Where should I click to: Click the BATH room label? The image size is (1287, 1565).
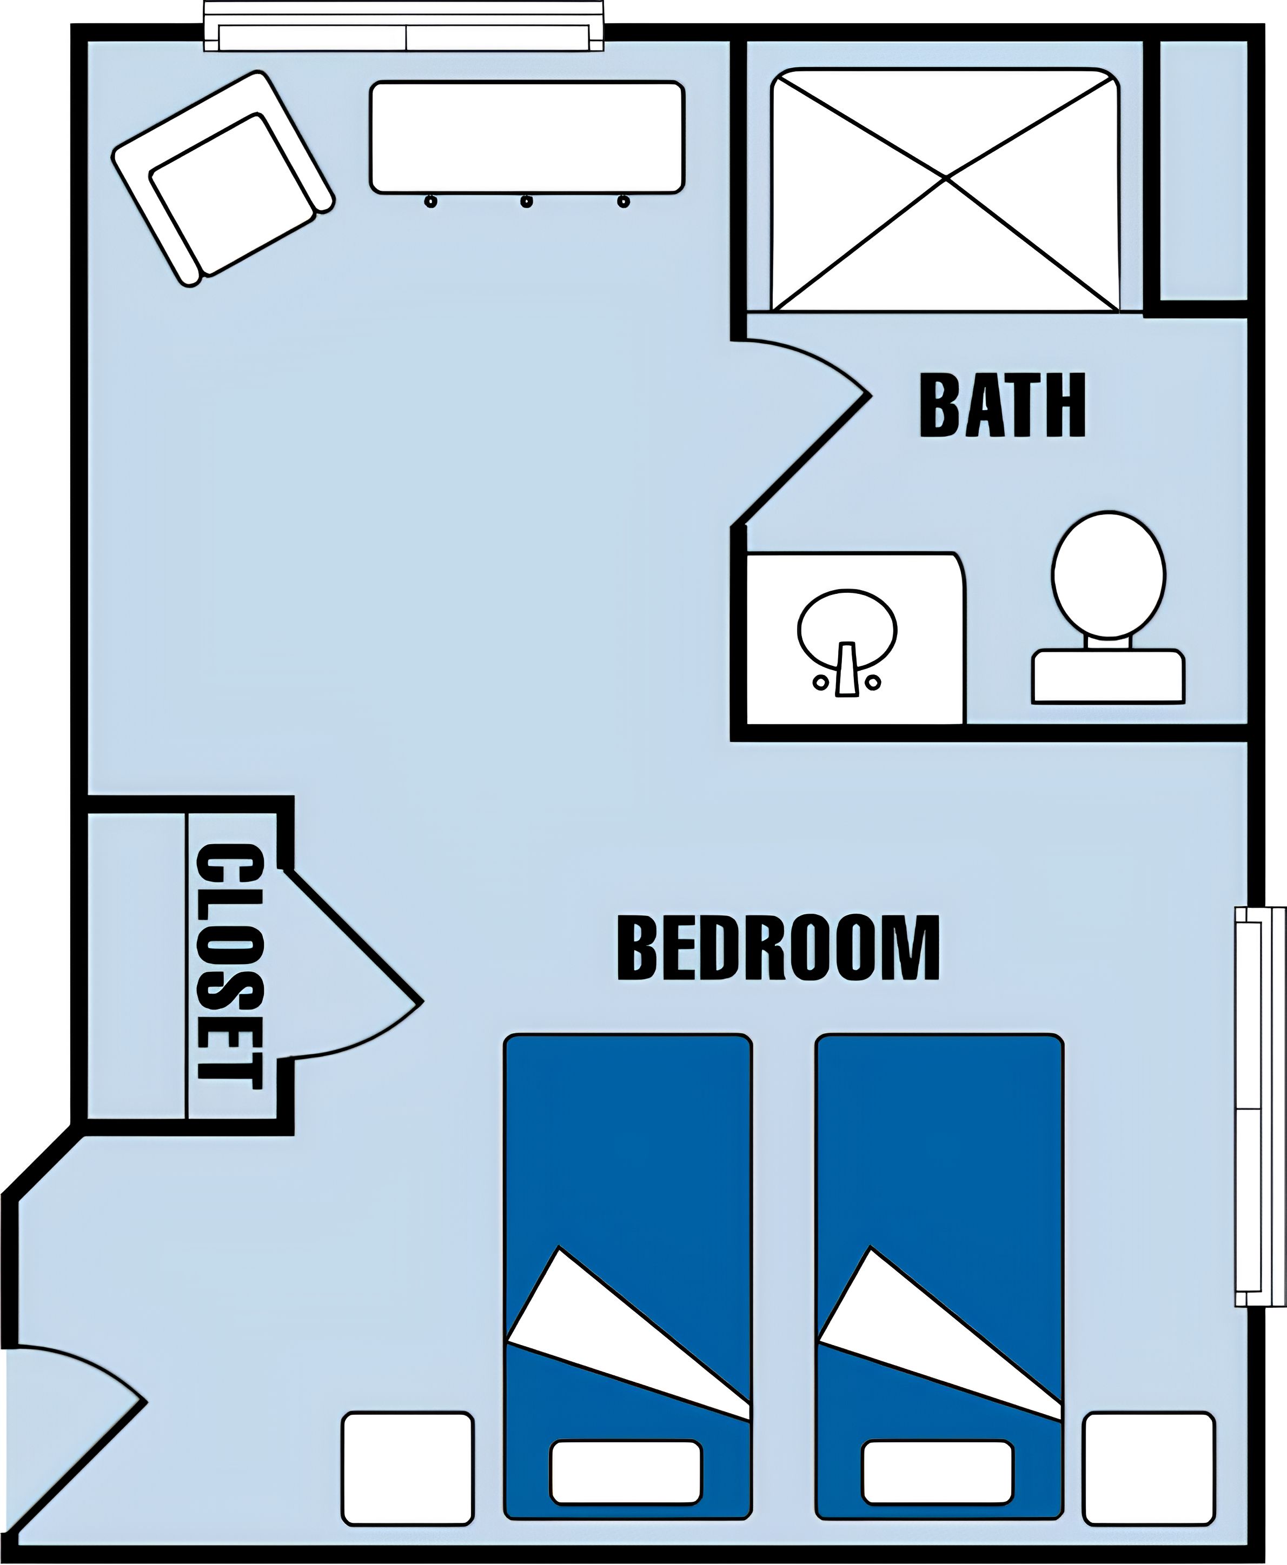[x=1003, y=405]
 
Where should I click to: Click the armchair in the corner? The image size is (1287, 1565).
[x=222, y=178]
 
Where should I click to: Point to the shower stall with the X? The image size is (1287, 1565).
[x=945, y=190]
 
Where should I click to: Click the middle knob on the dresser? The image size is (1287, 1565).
[x=526, y=201]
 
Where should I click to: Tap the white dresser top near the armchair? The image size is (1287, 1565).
[x=526, y=137]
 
